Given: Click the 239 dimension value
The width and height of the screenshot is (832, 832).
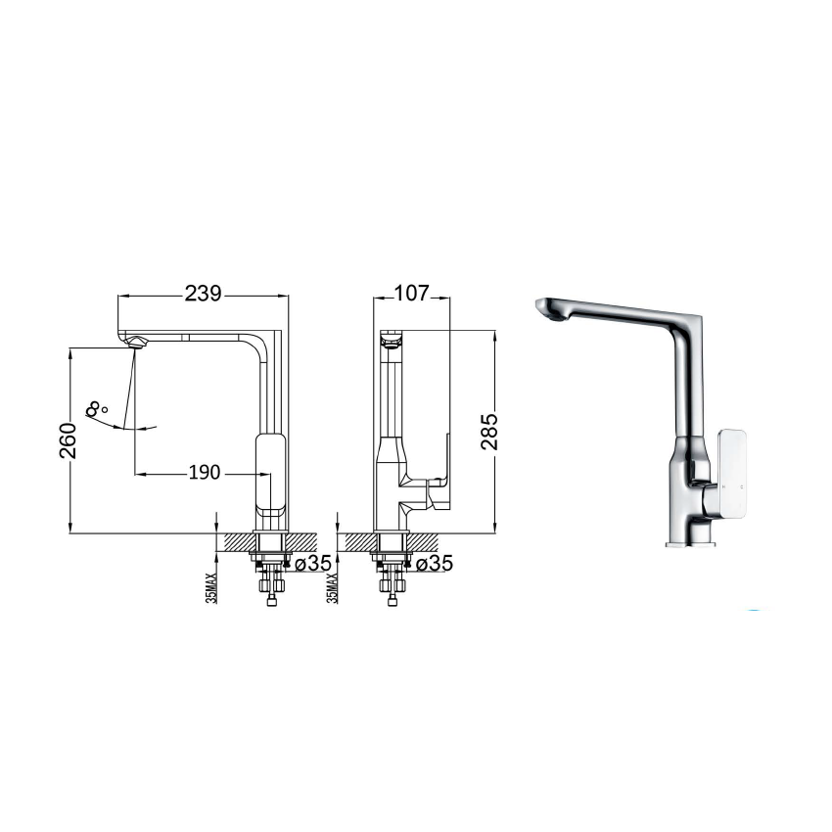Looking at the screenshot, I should point(205,293).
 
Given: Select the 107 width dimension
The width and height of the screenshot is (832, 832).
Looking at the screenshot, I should point(411,293).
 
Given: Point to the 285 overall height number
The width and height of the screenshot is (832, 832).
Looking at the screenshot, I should point(491,432).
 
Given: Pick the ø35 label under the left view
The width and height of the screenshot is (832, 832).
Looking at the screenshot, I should point(312,563).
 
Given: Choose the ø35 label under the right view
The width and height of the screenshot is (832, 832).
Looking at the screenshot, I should point(434,563).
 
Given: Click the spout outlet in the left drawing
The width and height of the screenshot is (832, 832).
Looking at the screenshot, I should point(136,341).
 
